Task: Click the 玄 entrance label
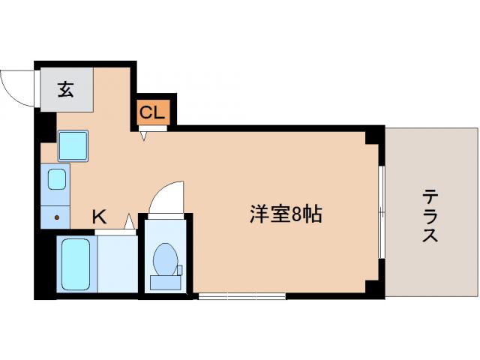(x=66, y=91)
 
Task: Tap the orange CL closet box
(x=153, y=113)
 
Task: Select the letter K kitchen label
(x=99, y=217)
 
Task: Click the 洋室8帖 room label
(x=286, y=215)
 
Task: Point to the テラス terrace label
(x=430, y=215)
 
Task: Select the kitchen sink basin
(x=58, y=178)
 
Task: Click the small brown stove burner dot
(x=58, y=218)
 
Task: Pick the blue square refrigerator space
(x=73, y=145)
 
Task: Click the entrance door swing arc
(x=16, y=86)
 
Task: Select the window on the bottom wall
(x=241, y=297)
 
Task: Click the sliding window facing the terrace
(x=382, y=213)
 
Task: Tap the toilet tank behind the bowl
(x=164, y=282)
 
